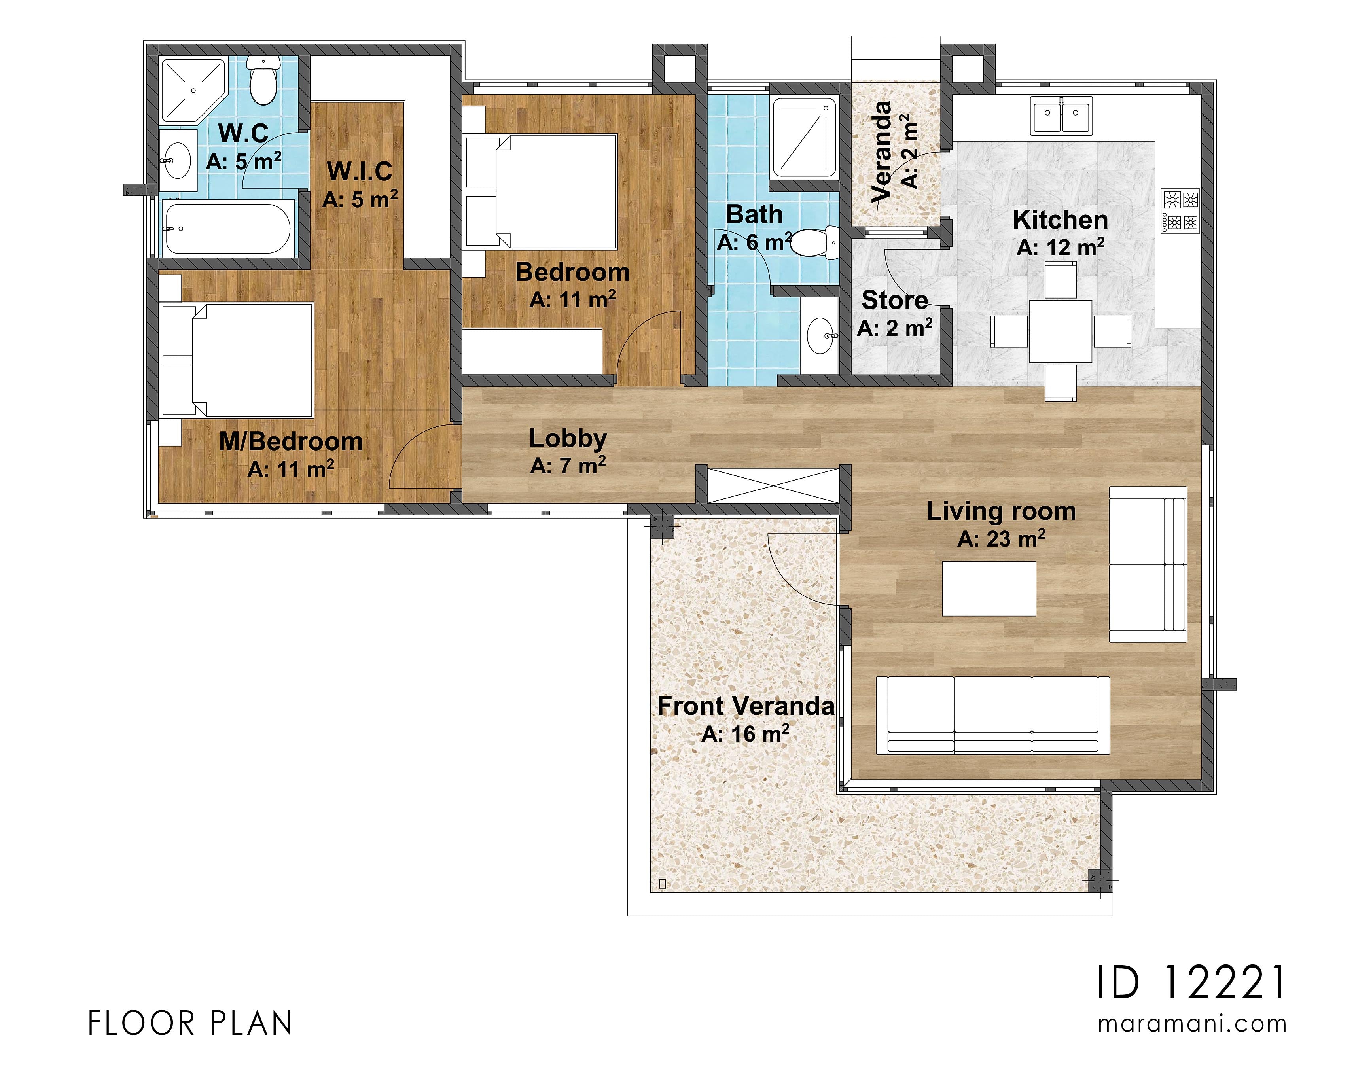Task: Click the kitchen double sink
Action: (x=1061, y=115)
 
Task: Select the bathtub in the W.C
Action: (x=228, y=228)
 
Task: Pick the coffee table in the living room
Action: (x=988, y=589)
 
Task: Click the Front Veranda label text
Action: (x=745, y=706)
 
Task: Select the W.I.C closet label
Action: (x=359, y=171)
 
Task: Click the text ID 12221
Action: (x=1191, y=983)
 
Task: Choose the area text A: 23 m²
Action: (x=1001, y=539)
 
